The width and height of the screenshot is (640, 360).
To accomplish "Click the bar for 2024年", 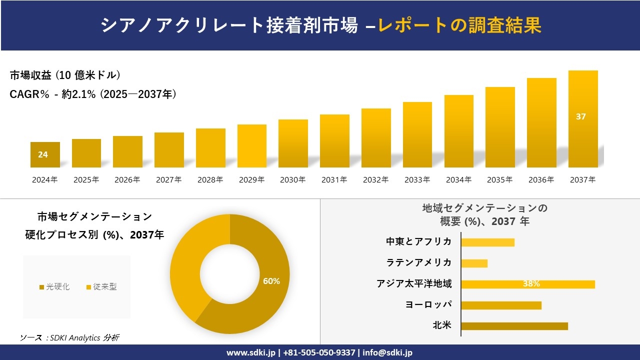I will click(45, 155).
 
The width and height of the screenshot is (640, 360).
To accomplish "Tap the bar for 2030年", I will click(293, 143).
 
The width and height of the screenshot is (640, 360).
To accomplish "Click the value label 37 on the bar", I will click(580, 116).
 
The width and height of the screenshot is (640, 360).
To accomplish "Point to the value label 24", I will click(43, 154).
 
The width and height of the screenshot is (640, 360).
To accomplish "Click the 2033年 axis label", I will click(417, 180).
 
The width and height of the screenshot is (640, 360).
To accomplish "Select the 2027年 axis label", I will click(168, 180).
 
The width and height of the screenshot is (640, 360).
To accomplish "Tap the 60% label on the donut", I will click(271, 281).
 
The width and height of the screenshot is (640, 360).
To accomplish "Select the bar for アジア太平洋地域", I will click(527, 284).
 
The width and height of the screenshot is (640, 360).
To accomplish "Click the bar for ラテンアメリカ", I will click(474, 263).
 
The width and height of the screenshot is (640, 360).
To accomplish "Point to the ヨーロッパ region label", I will click(428, 304).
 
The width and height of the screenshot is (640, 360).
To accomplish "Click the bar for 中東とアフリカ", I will click(487, 242).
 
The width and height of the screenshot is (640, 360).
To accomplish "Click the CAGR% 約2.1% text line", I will click(93, 94).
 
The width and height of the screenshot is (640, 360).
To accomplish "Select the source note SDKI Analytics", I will click(69, 338).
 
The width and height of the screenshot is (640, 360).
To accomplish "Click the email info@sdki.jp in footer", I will click(387, 352).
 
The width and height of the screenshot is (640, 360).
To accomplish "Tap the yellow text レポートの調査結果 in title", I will click(460, 25).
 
